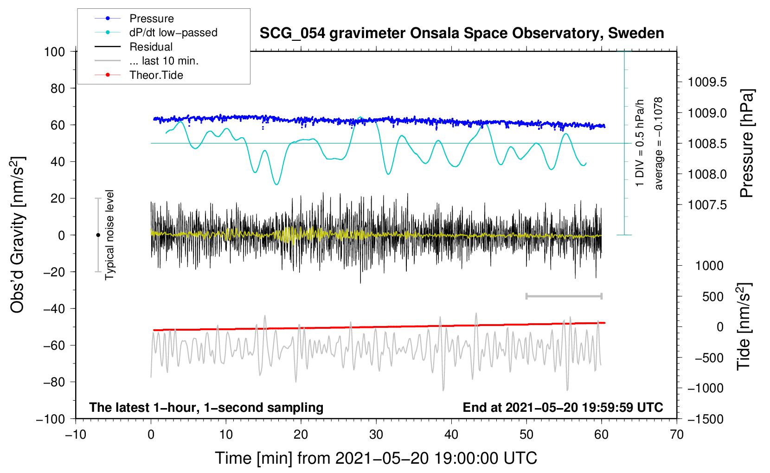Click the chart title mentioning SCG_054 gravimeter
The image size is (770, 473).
462,33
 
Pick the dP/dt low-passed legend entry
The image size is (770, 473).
173,32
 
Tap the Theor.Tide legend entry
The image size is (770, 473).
156,75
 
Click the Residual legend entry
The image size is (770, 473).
151,47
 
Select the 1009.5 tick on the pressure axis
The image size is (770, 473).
707,82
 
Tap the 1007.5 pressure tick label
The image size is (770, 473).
707,205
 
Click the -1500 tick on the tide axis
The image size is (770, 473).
706,419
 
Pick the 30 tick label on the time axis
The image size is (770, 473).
376,435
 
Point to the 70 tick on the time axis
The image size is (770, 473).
677,435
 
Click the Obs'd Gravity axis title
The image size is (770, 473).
18,235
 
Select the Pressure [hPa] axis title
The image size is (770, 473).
747,143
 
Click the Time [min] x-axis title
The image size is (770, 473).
376,458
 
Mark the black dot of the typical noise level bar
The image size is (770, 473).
98,235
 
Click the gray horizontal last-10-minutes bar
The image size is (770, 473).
564,296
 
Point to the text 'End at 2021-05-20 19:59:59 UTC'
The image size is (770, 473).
563,407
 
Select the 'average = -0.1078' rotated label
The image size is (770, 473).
659,143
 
